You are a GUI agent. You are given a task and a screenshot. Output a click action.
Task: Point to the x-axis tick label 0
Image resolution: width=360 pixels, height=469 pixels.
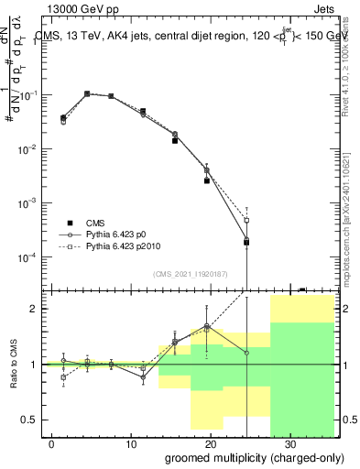pos(52,443)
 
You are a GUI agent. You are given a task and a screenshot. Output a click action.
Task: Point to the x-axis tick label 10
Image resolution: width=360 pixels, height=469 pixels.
pos(132,443)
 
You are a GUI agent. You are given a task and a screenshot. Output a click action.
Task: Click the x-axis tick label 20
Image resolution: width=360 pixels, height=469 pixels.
pos(211,443)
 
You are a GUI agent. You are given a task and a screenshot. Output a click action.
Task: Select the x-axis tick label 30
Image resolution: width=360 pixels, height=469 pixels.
pos(290,443)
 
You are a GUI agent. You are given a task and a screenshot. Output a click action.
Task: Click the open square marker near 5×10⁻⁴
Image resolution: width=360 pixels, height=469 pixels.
pos(246,220)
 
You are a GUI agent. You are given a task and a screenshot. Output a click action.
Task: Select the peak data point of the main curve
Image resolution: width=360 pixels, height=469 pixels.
pos(87,93)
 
